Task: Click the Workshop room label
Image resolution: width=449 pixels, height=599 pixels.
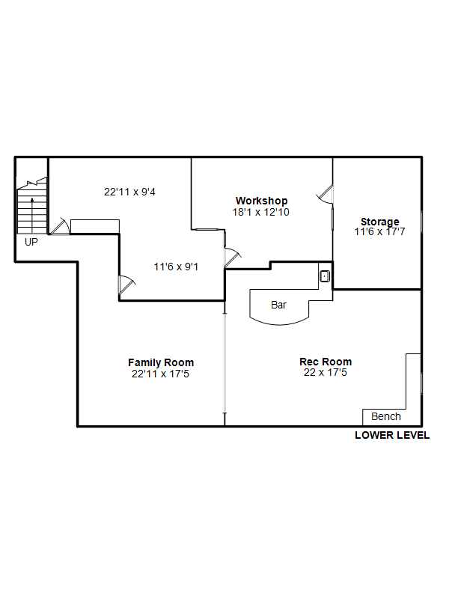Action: point(261,201)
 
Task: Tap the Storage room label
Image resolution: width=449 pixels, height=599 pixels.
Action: point(380,221)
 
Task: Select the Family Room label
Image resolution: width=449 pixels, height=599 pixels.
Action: point(161,362)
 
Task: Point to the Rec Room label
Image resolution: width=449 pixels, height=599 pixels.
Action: point(326,362)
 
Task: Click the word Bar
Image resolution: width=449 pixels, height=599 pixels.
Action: point(278,305)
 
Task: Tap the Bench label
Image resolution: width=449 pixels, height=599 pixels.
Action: point(386,416)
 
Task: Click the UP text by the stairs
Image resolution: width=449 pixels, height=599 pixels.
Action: point(31,242)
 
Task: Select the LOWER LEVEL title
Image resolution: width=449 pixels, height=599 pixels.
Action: point(392,435)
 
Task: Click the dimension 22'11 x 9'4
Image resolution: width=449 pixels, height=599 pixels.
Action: point(129,192)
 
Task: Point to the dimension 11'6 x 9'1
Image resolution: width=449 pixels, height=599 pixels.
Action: point(176,267)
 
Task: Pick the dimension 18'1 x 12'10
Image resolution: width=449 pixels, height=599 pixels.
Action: point(260,212)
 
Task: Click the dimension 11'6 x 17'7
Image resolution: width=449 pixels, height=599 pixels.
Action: point(379,231)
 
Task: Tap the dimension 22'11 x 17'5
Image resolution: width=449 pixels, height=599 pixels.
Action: point(160,374)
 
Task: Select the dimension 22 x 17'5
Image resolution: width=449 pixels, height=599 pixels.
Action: point(326,372)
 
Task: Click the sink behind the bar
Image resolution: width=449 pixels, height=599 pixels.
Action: point(325,276)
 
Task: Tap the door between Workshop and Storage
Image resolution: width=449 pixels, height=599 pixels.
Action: point(326,194)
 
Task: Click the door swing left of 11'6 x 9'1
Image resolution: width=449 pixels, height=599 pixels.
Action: point(127,285)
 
